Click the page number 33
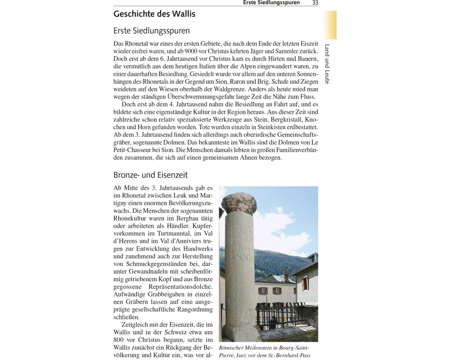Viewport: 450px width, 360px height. click(x=315, y=3)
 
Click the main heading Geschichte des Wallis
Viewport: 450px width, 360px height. click(x=154, y=14)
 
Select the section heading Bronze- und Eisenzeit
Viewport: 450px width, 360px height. click(x=150, y=175)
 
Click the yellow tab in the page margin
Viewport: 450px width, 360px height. click(x=329, y=25)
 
